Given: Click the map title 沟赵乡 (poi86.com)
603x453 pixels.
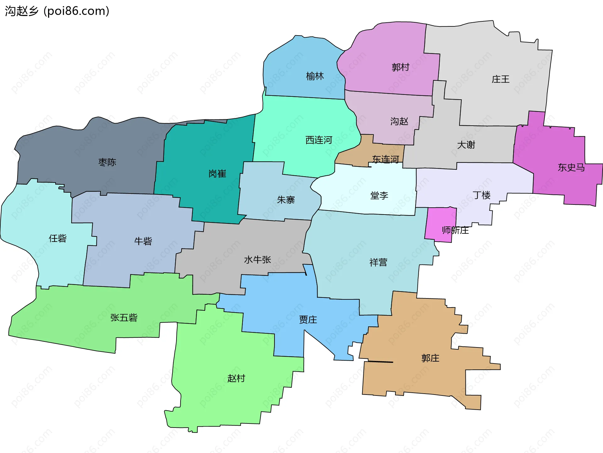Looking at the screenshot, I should coord(57,11).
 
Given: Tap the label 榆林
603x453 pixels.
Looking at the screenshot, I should coord(315,76).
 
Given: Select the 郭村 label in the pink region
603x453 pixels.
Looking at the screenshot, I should coord(400,67).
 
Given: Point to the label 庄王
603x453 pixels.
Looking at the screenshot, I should coord(500,79).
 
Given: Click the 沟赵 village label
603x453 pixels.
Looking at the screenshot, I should coord(399,121).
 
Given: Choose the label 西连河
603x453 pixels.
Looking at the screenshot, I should coord(319,140).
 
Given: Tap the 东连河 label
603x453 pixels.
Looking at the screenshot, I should coord(385,159).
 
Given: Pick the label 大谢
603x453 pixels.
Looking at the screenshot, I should coord(466,145).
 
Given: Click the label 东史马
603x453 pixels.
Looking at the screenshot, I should coord(571,167).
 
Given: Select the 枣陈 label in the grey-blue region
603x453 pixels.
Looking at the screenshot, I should coord(107,162).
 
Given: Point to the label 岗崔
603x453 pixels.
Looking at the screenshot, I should coord(217,174).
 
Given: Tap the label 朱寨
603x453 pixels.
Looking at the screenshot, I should coord(286,199).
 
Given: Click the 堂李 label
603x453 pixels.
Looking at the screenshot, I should coord(379,195).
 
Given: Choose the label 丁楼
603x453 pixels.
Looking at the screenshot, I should coord(481,195).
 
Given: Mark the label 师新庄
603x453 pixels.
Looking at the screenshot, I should coord(455,230).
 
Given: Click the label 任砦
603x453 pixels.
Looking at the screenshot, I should coord(58,238).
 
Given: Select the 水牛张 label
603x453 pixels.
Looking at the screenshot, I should coord(257,259).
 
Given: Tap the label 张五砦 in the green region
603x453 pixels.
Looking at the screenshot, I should coord(124,318).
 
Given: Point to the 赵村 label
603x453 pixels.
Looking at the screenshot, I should coord(236,378).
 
